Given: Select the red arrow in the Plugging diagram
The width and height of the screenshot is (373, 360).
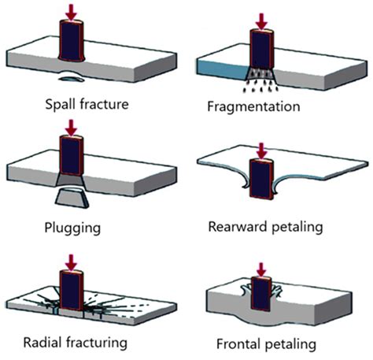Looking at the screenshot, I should pyautogui.click(x=72, y=126).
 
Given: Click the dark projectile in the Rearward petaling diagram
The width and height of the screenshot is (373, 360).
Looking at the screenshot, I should pyautogui.click(x=259, y=177).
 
